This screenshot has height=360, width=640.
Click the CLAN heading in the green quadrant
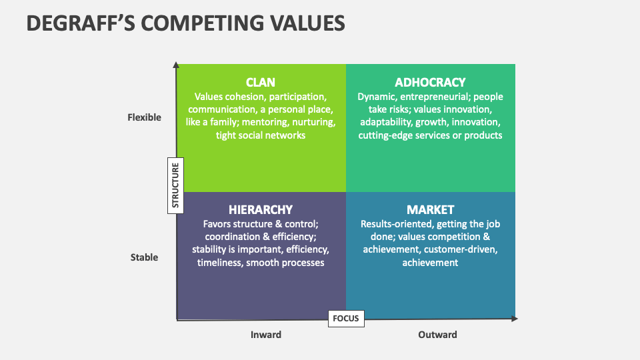point(261,83)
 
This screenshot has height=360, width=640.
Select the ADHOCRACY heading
point(430,83)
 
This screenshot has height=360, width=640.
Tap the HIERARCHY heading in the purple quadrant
point(261,210)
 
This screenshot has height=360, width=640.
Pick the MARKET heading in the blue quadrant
point(430,210)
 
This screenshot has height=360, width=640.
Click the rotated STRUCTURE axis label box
point(176,185)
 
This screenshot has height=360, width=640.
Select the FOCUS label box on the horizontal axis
point(346,318)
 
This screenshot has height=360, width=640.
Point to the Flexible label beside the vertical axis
point(145,117)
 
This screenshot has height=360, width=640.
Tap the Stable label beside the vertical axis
point(145,257)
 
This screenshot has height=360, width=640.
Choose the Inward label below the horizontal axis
point(266,335)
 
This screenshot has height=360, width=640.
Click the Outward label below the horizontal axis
point(437,335)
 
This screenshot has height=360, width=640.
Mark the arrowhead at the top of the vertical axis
point(176,65)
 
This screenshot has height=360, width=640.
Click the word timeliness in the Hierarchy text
point(221,263)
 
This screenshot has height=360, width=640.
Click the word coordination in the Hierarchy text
point(231,237)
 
